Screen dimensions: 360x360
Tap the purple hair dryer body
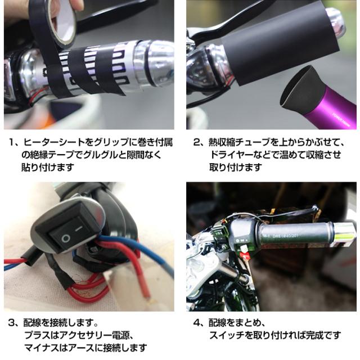tap(329, 106)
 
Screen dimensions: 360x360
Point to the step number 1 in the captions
tap(11, 143)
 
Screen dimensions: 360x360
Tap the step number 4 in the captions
tap(196, 323)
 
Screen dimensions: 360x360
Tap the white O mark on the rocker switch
tap(66, 238)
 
